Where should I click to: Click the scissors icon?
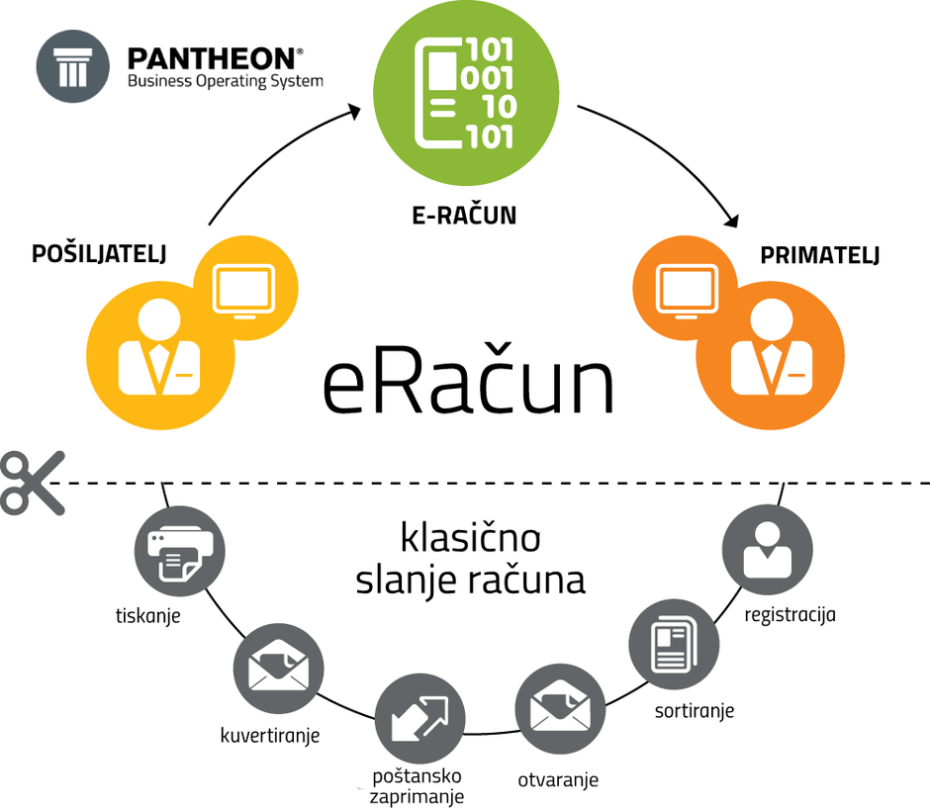coord(32,482)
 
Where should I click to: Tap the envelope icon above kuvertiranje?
coord(278,667)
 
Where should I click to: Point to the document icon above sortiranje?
coord(672,644)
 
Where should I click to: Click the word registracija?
coord(790,614)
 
